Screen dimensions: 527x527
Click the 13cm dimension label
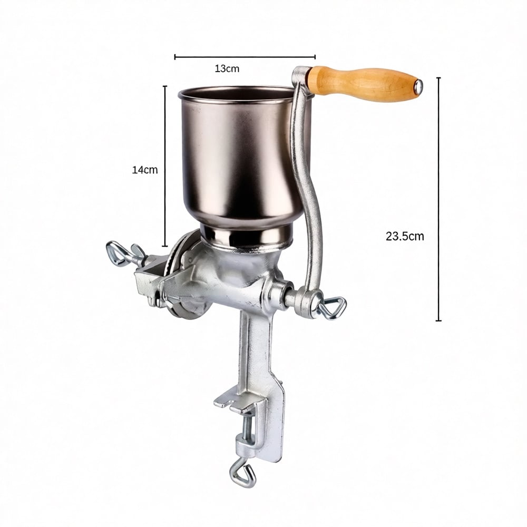pos(227,69)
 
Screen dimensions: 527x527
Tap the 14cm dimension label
pos(144,170)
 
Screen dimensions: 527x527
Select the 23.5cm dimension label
pos(405,236)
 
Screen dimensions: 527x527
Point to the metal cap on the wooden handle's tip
pos(418,87)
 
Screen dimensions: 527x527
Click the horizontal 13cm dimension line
pos(245,57)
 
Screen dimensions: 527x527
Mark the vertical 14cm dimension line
pos(164,166)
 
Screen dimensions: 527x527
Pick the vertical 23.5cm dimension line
pos(438,199)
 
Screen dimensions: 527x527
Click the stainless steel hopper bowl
pos(246,158)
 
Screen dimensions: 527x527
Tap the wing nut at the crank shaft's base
pos(331,308)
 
